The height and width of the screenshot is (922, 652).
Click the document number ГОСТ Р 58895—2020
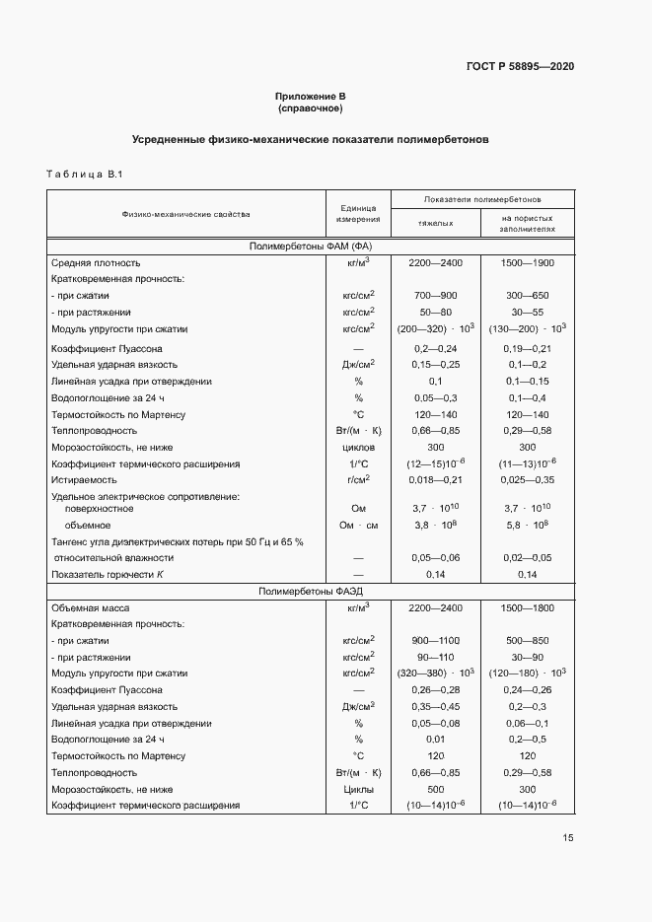click(519, 66)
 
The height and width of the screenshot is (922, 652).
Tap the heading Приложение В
click(310, 96)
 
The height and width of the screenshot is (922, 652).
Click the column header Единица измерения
click(359, 213)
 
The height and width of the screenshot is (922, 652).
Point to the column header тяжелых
click(435, 223)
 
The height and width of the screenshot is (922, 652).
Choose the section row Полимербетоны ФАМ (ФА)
click(310, 246)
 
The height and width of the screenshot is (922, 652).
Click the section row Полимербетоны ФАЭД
click(310, 592)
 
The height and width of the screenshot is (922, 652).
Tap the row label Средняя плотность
click(96, 263)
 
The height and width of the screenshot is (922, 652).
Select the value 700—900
click(435, 295)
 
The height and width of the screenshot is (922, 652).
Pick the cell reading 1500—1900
click(528, 263)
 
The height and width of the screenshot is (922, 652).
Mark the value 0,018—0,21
click(435, 478)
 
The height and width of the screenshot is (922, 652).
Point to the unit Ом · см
click(359, 525)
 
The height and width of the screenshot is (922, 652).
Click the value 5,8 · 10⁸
click(528, 525)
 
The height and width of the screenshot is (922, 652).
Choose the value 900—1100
click(435, 640)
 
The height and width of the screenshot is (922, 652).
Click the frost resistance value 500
click(435, 789)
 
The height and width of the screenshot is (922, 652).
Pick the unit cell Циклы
click(359, 789)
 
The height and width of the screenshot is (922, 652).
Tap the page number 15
click(568, 838)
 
